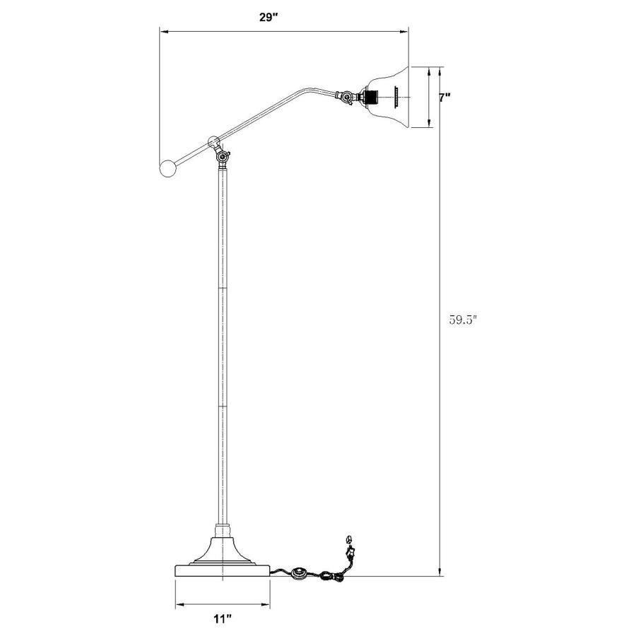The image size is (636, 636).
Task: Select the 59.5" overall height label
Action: pyautogui.click(x=464, y=319)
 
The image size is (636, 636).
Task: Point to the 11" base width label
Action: pyautogui.click(x=223, y=619)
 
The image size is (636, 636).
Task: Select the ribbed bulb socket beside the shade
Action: pyautogui.click(x=368, y=97)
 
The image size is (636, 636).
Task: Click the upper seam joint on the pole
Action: pyautogui.click(x=223, y=288)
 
